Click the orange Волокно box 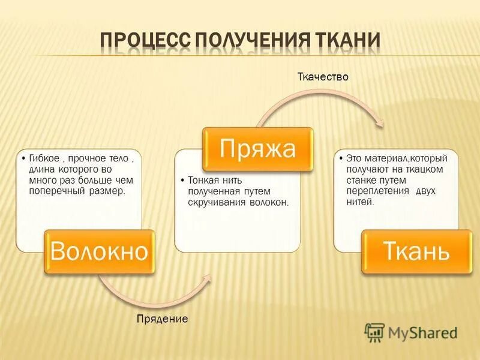click(x=99, y=252)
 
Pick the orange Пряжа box click(x=257, y=148)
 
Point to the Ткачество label click(x=323, y=77)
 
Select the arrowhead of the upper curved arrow click(x=379, y=123)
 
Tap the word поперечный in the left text click(x=55, y=191)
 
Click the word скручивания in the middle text click(x=215, y=203)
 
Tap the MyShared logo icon click(x=374, y=332)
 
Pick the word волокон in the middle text click(x=268, y=203)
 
